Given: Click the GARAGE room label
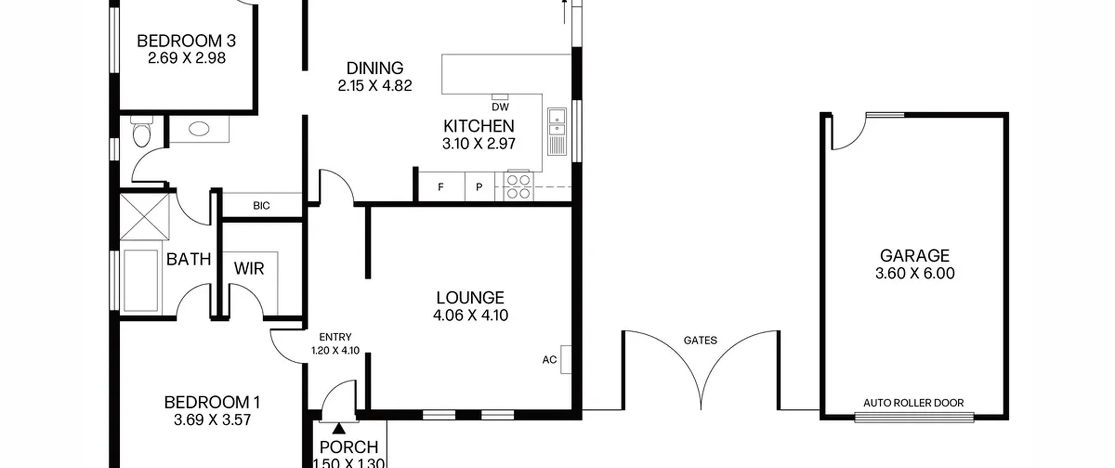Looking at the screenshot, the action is (x=914, y=256).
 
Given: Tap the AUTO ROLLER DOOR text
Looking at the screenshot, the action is (x=913, y=403).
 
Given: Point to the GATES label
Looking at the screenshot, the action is (x=700, y=340).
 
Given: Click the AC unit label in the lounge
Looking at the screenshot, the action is (x=549, y=360).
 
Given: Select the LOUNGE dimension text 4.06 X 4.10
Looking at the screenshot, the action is (x=470, y=315).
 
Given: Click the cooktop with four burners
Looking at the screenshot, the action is (x=518, y=186).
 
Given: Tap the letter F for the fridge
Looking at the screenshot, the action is (x=441, y=187).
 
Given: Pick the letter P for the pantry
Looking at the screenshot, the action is (x=479, y=187).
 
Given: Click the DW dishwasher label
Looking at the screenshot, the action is (x=500, y=107).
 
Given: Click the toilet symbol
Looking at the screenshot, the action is (x=141, y=131).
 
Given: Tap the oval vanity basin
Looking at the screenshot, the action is (x=199, y=129).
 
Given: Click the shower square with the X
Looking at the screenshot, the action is (x=144, y=216).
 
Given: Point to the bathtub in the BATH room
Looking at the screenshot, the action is (x=141, y=281).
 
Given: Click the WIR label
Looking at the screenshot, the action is (x=249, y=269).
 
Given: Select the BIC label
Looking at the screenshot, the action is (x=261, y=205).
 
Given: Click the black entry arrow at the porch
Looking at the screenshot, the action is (x=339, y=429).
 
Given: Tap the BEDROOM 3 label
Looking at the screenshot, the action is (x=186, y=41).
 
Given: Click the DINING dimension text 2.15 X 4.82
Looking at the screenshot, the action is (x=375, y=86).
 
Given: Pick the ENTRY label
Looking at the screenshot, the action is (x=335, y=337).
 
